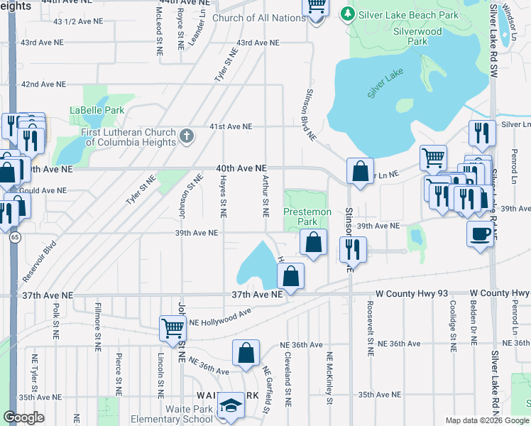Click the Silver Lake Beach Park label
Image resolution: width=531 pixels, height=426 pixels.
coord(399,13)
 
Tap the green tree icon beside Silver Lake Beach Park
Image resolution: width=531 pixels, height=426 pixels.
coord(347,13)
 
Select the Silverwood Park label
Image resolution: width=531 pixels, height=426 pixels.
coord(418,36)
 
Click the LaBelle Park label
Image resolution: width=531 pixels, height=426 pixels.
coord(97,110)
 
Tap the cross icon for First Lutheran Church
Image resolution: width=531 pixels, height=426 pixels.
coord(187,136)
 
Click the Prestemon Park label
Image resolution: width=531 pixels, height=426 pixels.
coord(307,217)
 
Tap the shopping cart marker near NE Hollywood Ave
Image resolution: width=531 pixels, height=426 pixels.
coord(173,328)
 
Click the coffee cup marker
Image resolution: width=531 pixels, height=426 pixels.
coord(480,234)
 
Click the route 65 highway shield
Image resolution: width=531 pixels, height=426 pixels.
coord(14,239)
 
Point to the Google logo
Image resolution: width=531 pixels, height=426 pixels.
coord(24,417)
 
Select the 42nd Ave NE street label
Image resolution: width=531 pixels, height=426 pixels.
coord(43,84)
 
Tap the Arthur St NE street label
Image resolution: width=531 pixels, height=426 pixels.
coord(265,197)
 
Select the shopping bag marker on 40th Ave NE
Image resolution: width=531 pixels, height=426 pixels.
coord(360,171)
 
